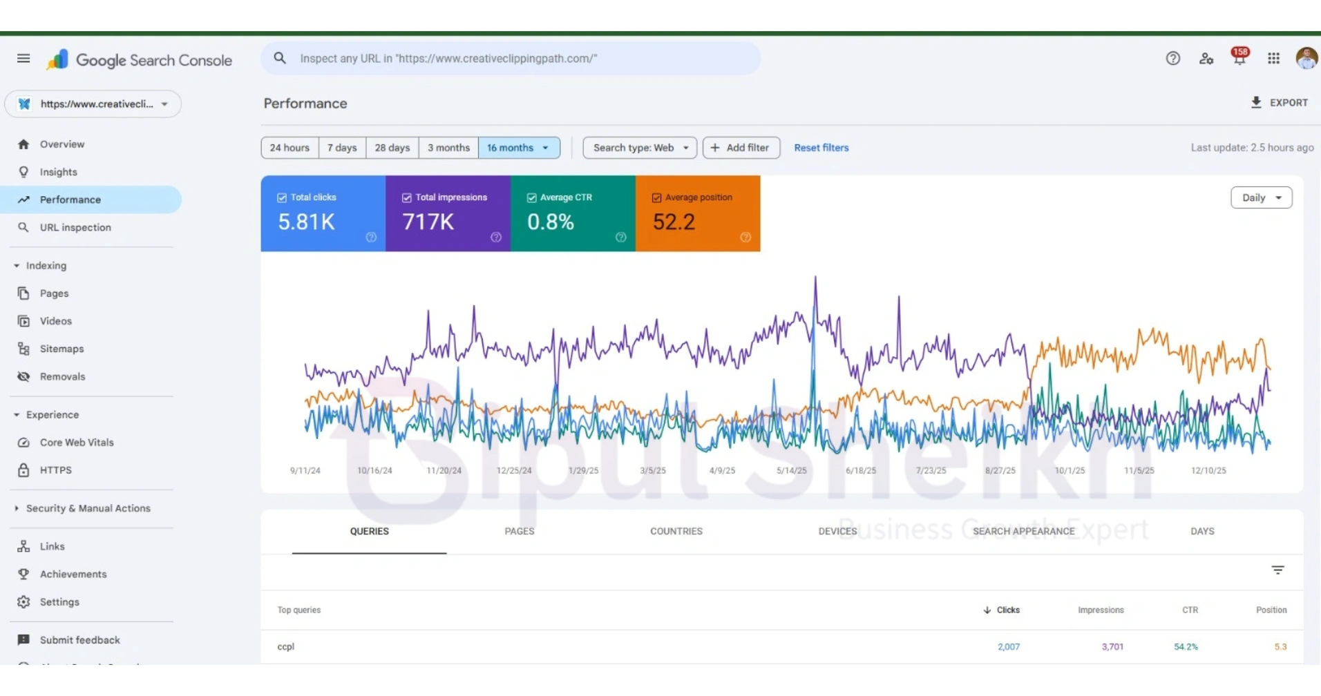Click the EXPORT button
[1279, 103]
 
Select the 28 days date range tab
[392, 148]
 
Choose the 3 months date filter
[448, 148]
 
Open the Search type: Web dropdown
[640, 148]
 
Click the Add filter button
[741, 148]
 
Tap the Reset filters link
[821, 148]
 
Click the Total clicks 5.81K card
[323, 213]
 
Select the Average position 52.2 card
[697, 213]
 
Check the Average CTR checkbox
[531, 197]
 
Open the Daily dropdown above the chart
[1261, 197]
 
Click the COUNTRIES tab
[676, 531]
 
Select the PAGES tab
[519, 531]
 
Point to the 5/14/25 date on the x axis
[791, 470]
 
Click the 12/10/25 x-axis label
[1208, 470]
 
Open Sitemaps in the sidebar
[61, 349]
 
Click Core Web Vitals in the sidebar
[76, 443]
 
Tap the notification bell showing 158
[1239, 58]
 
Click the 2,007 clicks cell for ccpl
[1008, 647]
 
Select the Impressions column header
[1100, 610]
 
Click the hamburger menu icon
[23, 59]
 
